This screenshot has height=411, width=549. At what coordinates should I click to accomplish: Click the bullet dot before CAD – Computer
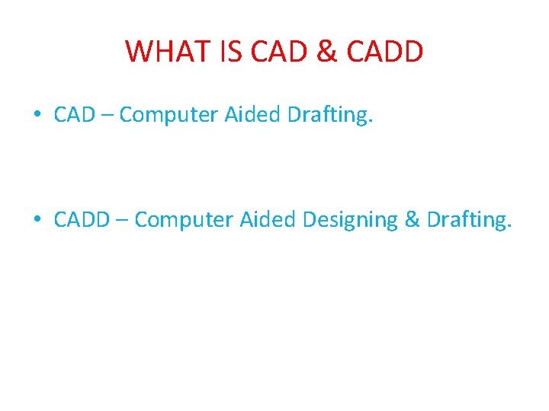[x=37, y=116]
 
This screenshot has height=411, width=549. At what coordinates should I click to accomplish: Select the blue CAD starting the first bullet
[x=74, y=115]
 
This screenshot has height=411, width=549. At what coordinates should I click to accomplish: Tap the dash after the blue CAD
[x=107, y=116]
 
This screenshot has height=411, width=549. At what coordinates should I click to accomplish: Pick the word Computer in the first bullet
[x=169, y=116]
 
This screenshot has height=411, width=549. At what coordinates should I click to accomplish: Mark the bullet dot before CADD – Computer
[x=37, y=221]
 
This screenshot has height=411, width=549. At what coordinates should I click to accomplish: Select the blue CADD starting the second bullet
[x=82, y=220]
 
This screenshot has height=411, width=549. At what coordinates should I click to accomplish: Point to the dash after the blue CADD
[x=122, y=221]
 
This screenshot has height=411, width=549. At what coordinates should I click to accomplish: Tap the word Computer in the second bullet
[x=184, y=221]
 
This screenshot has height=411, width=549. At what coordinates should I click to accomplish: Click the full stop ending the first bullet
[x=372, y=122]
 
